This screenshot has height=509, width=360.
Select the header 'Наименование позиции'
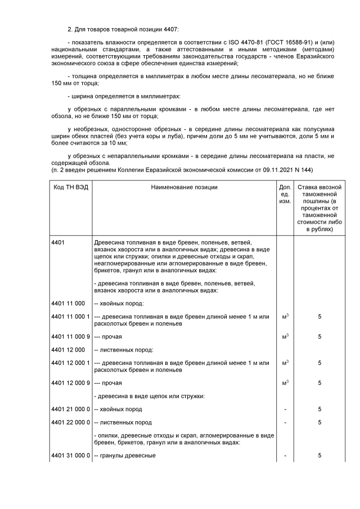pos(184,187)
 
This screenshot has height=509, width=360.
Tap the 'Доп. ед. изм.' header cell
pos(285,194)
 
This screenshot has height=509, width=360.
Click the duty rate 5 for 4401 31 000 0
pos(319,455)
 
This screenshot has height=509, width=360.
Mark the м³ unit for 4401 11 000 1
pos(285,317)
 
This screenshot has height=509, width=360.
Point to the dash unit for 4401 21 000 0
pos(285,409)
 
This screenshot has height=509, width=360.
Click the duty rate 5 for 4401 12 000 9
pos(319,383)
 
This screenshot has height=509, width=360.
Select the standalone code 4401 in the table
pos(58,242)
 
